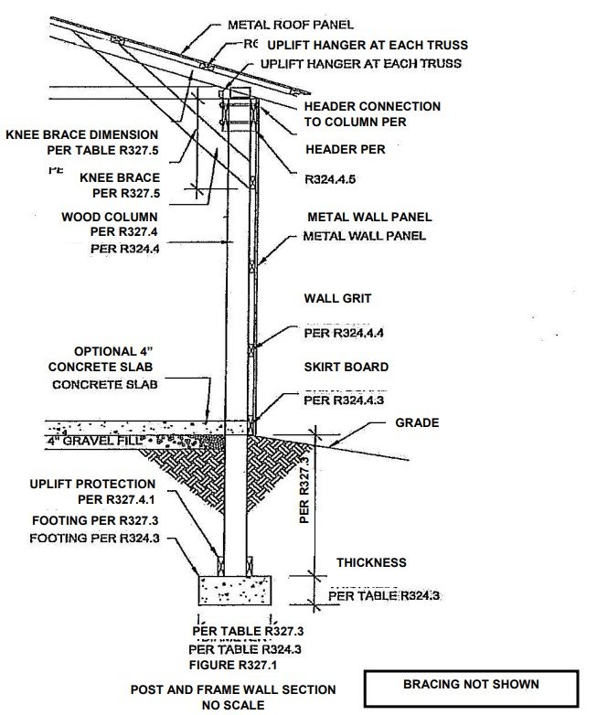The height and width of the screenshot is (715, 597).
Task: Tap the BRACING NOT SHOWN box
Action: pos(471,684)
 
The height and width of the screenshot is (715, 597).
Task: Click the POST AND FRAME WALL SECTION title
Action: pos(233,688)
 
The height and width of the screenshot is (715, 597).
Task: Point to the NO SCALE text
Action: pos(234,705)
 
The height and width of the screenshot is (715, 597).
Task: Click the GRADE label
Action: pos(418,423)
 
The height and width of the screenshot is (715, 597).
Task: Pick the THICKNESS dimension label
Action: pos(371,562)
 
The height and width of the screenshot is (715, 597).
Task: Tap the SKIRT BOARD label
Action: pos(346,367)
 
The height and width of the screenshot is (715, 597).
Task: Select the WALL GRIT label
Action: pos(337,299)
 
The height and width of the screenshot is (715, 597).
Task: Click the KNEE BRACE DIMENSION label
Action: pos(82,134)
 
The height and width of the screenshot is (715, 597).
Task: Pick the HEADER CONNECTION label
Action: pos(372,107)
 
